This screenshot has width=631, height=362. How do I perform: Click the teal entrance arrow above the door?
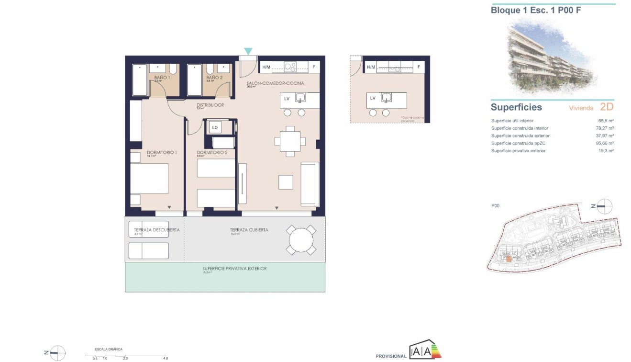pyautogui.click(x=248, y=51)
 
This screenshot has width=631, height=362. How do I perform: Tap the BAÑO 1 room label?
pyautogui.click(x=162, y=77)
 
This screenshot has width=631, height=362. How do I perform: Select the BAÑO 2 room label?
pyautogui.click(x=214, y=77)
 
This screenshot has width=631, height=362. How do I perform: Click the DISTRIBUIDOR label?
pyautogui.click(x=210, y=105)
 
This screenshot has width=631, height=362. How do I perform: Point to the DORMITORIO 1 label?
pyautogui.click(x=162, y=153)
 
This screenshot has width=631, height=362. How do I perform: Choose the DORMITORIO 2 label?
pyautogui.click(x=212, y=153)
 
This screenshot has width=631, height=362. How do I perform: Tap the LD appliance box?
pyautogui.click(x=215, y=127)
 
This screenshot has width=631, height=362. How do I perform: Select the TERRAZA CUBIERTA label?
pyautogui.click(x=249, y=230)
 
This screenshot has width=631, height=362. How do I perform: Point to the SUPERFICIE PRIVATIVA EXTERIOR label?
pyautogui.click(x=234, y=269)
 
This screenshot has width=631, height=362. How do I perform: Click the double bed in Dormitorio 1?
pyautogui.click(x=149, y=178)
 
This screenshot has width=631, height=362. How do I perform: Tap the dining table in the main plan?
pyautogui.click(x=290, y=141)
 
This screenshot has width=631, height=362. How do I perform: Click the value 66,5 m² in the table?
pyautogui.click(x=607, y=121)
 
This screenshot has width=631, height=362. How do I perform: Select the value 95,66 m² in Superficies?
pyautogui.click(x=606, y=143)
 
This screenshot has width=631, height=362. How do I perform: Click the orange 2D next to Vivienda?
pyautogui.click(x=606, y=107)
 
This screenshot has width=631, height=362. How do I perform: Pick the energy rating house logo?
pyautogui.click(x=425, y=351)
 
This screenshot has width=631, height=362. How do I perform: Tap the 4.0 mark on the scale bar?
pyautogui.click(x=165, y=358)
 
